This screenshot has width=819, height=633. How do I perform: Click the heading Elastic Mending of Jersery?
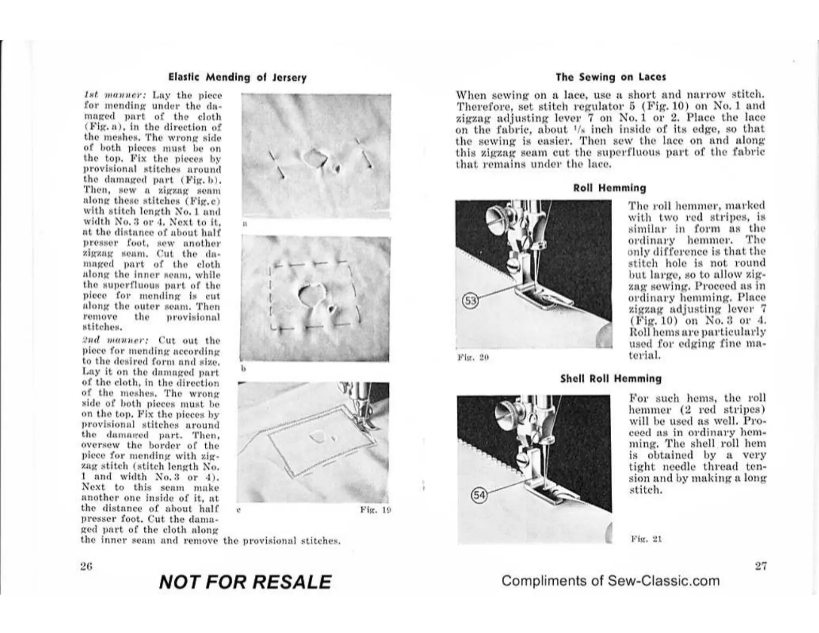point(237,78)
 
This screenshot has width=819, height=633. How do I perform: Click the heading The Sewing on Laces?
point(610,77)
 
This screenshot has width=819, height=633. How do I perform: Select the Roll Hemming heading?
point(610,188)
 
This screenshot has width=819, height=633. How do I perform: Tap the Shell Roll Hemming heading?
point(611,379)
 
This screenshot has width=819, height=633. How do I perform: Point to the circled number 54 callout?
point(480,495)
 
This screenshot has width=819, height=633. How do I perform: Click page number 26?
point(86,566)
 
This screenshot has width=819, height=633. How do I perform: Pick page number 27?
point(760,566)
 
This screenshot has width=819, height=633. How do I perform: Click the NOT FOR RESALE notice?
point(245,582)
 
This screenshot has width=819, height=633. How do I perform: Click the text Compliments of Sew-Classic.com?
point(610,581)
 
